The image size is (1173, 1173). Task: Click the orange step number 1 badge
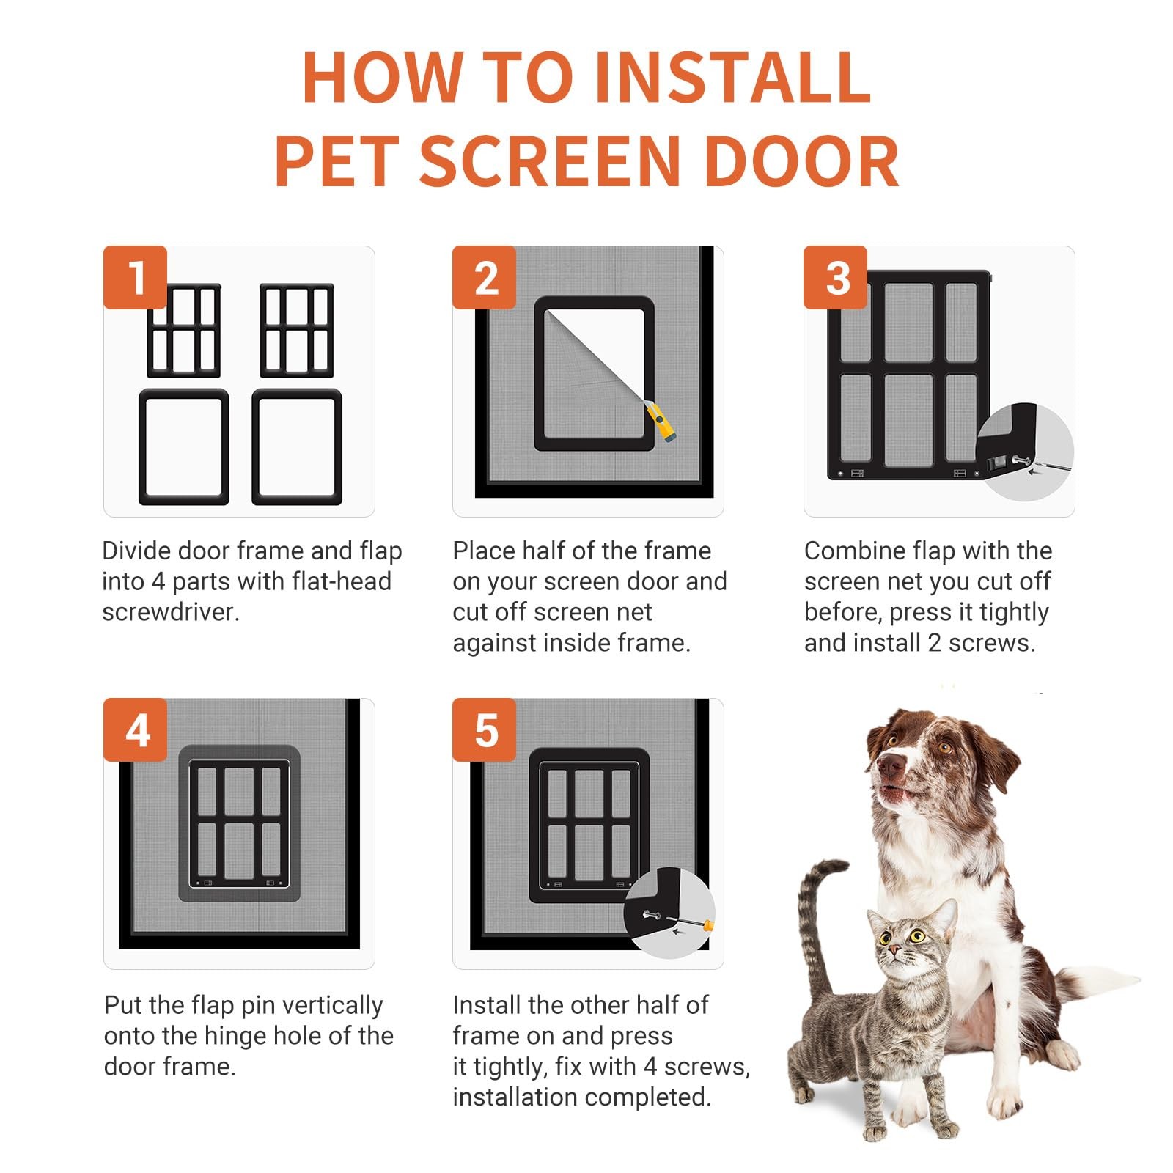tap(136, 277)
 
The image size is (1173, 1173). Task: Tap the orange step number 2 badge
tap(485, 277)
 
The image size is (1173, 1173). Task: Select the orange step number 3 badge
tap(836, 277)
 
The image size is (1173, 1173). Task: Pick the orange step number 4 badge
tap(136, 729)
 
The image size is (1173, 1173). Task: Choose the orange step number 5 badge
tap(485, 729)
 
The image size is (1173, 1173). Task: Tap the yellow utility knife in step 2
tap(660, 422)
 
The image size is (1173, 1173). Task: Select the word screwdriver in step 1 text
tap(171, 612)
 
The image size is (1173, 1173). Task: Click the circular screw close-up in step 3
tap(1025, 453)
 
